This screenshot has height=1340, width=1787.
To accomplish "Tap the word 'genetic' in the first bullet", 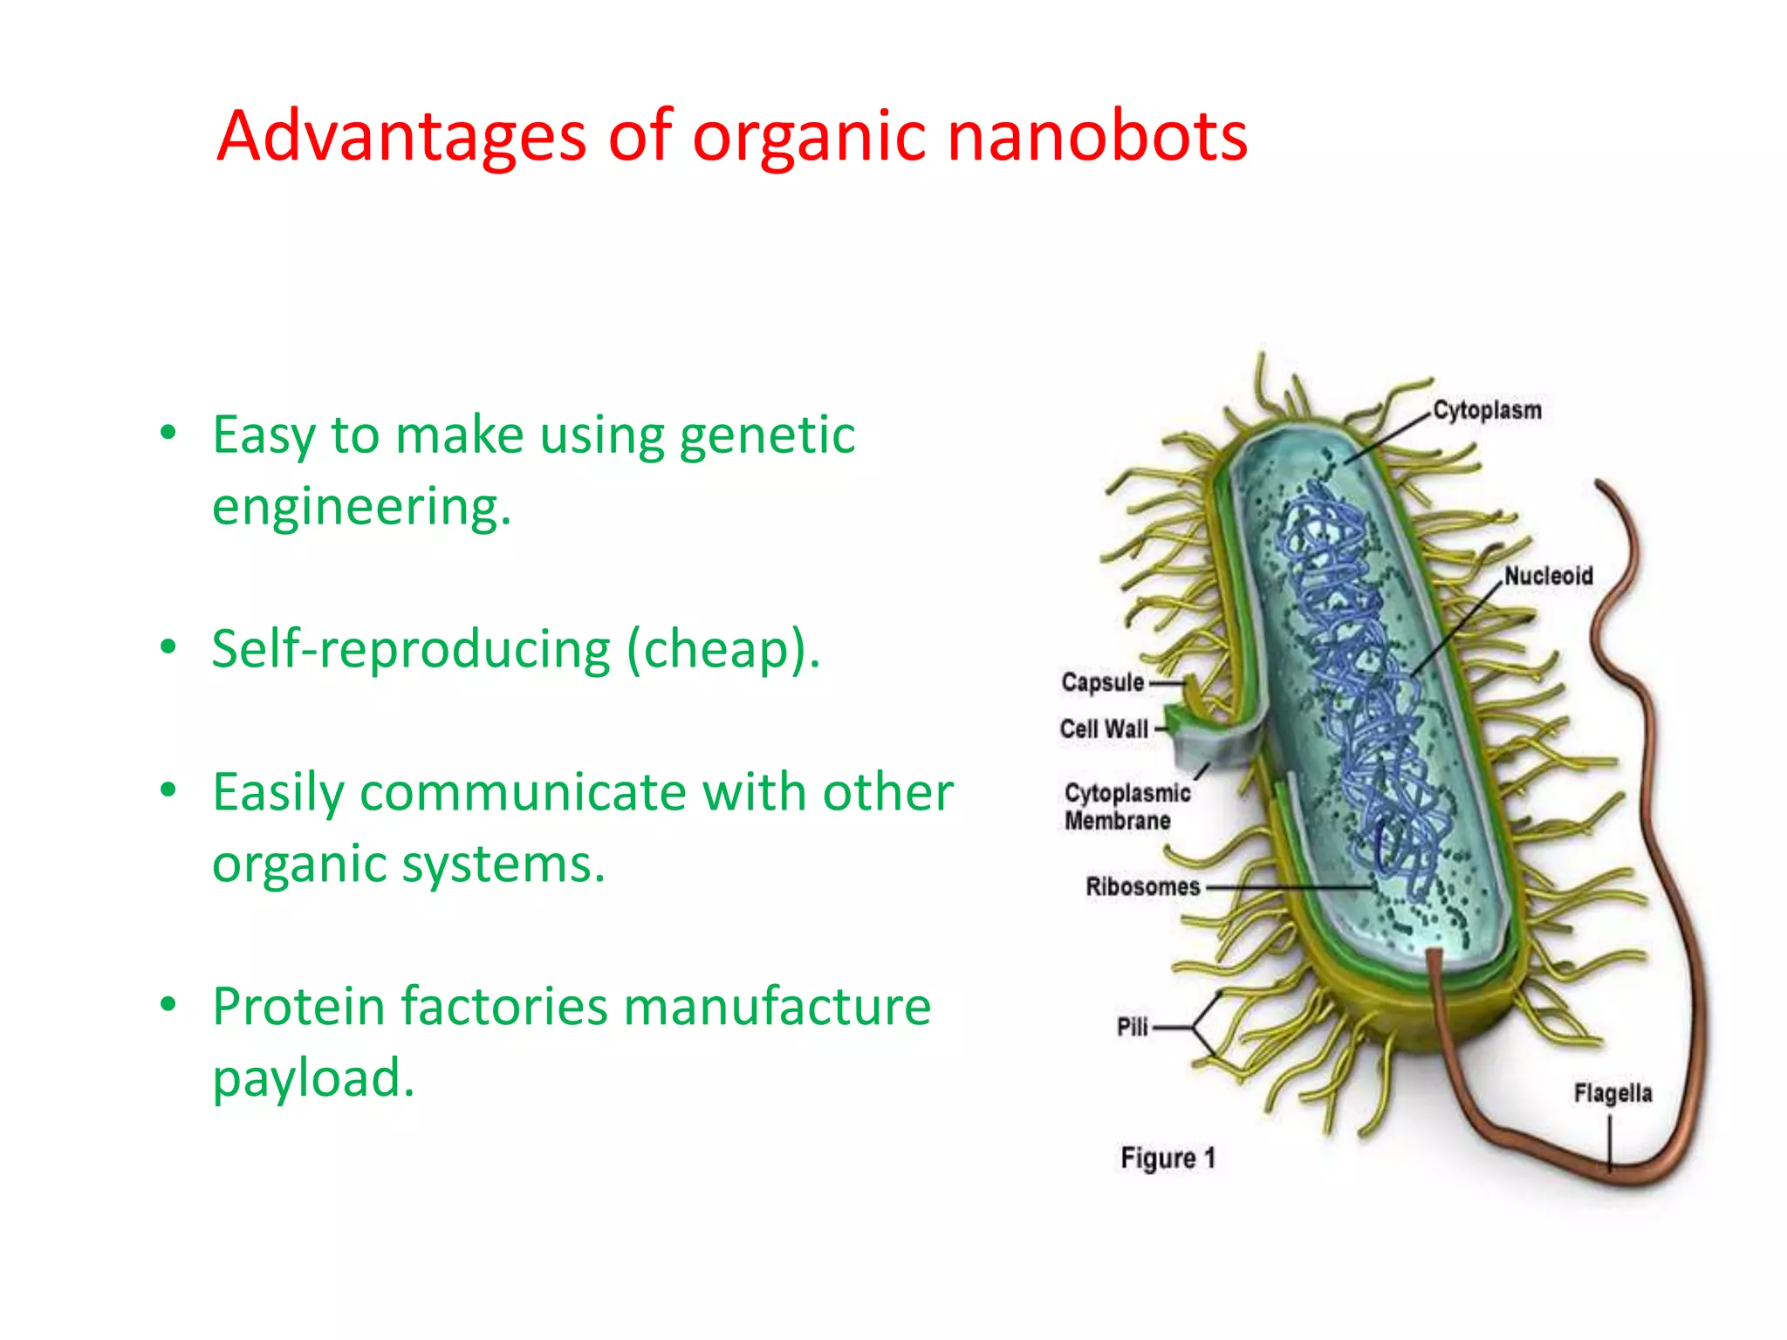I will click(x=767, y=436).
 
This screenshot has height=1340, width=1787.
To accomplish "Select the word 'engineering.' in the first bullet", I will click(x=361, y=507).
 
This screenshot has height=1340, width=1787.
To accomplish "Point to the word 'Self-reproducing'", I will click(x=411, y=650).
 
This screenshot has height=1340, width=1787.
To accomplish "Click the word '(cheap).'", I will click(x=723, y=650).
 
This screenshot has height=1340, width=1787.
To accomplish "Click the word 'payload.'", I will click(x=313, y=1078).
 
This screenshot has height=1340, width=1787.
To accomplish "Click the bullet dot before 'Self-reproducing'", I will click(x=168, y=647).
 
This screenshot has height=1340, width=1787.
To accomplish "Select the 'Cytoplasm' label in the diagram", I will click(x=1487, y=410).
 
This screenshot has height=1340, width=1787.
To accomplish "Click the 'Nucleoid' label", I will click(x=1548, y=576).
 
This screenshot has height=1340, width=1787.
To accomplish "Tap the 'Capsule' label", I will click(x=1102, y=682).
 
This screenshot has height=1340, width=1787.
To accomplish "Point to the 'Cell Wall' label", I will click(x=1104, y=728).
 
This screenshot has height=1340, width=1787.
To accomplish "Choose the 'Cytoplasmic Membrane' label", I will click(x=1126, y=807).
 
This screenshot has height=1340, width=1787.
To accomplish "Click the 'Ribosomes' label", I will click(x=1142, y=886).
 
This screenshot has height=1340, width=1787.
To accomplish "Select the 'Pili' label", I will click(x=1132, y=1027).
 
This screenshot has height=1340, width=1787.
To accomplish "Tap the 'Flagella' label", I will click(x=1612, y=1093).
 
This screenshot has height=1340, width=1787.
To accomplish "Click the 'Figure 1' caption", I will click(x=1167, y=1159).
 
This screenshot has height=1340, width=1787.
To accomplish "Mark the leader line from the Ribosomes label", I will click(x=1287, y=887).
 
